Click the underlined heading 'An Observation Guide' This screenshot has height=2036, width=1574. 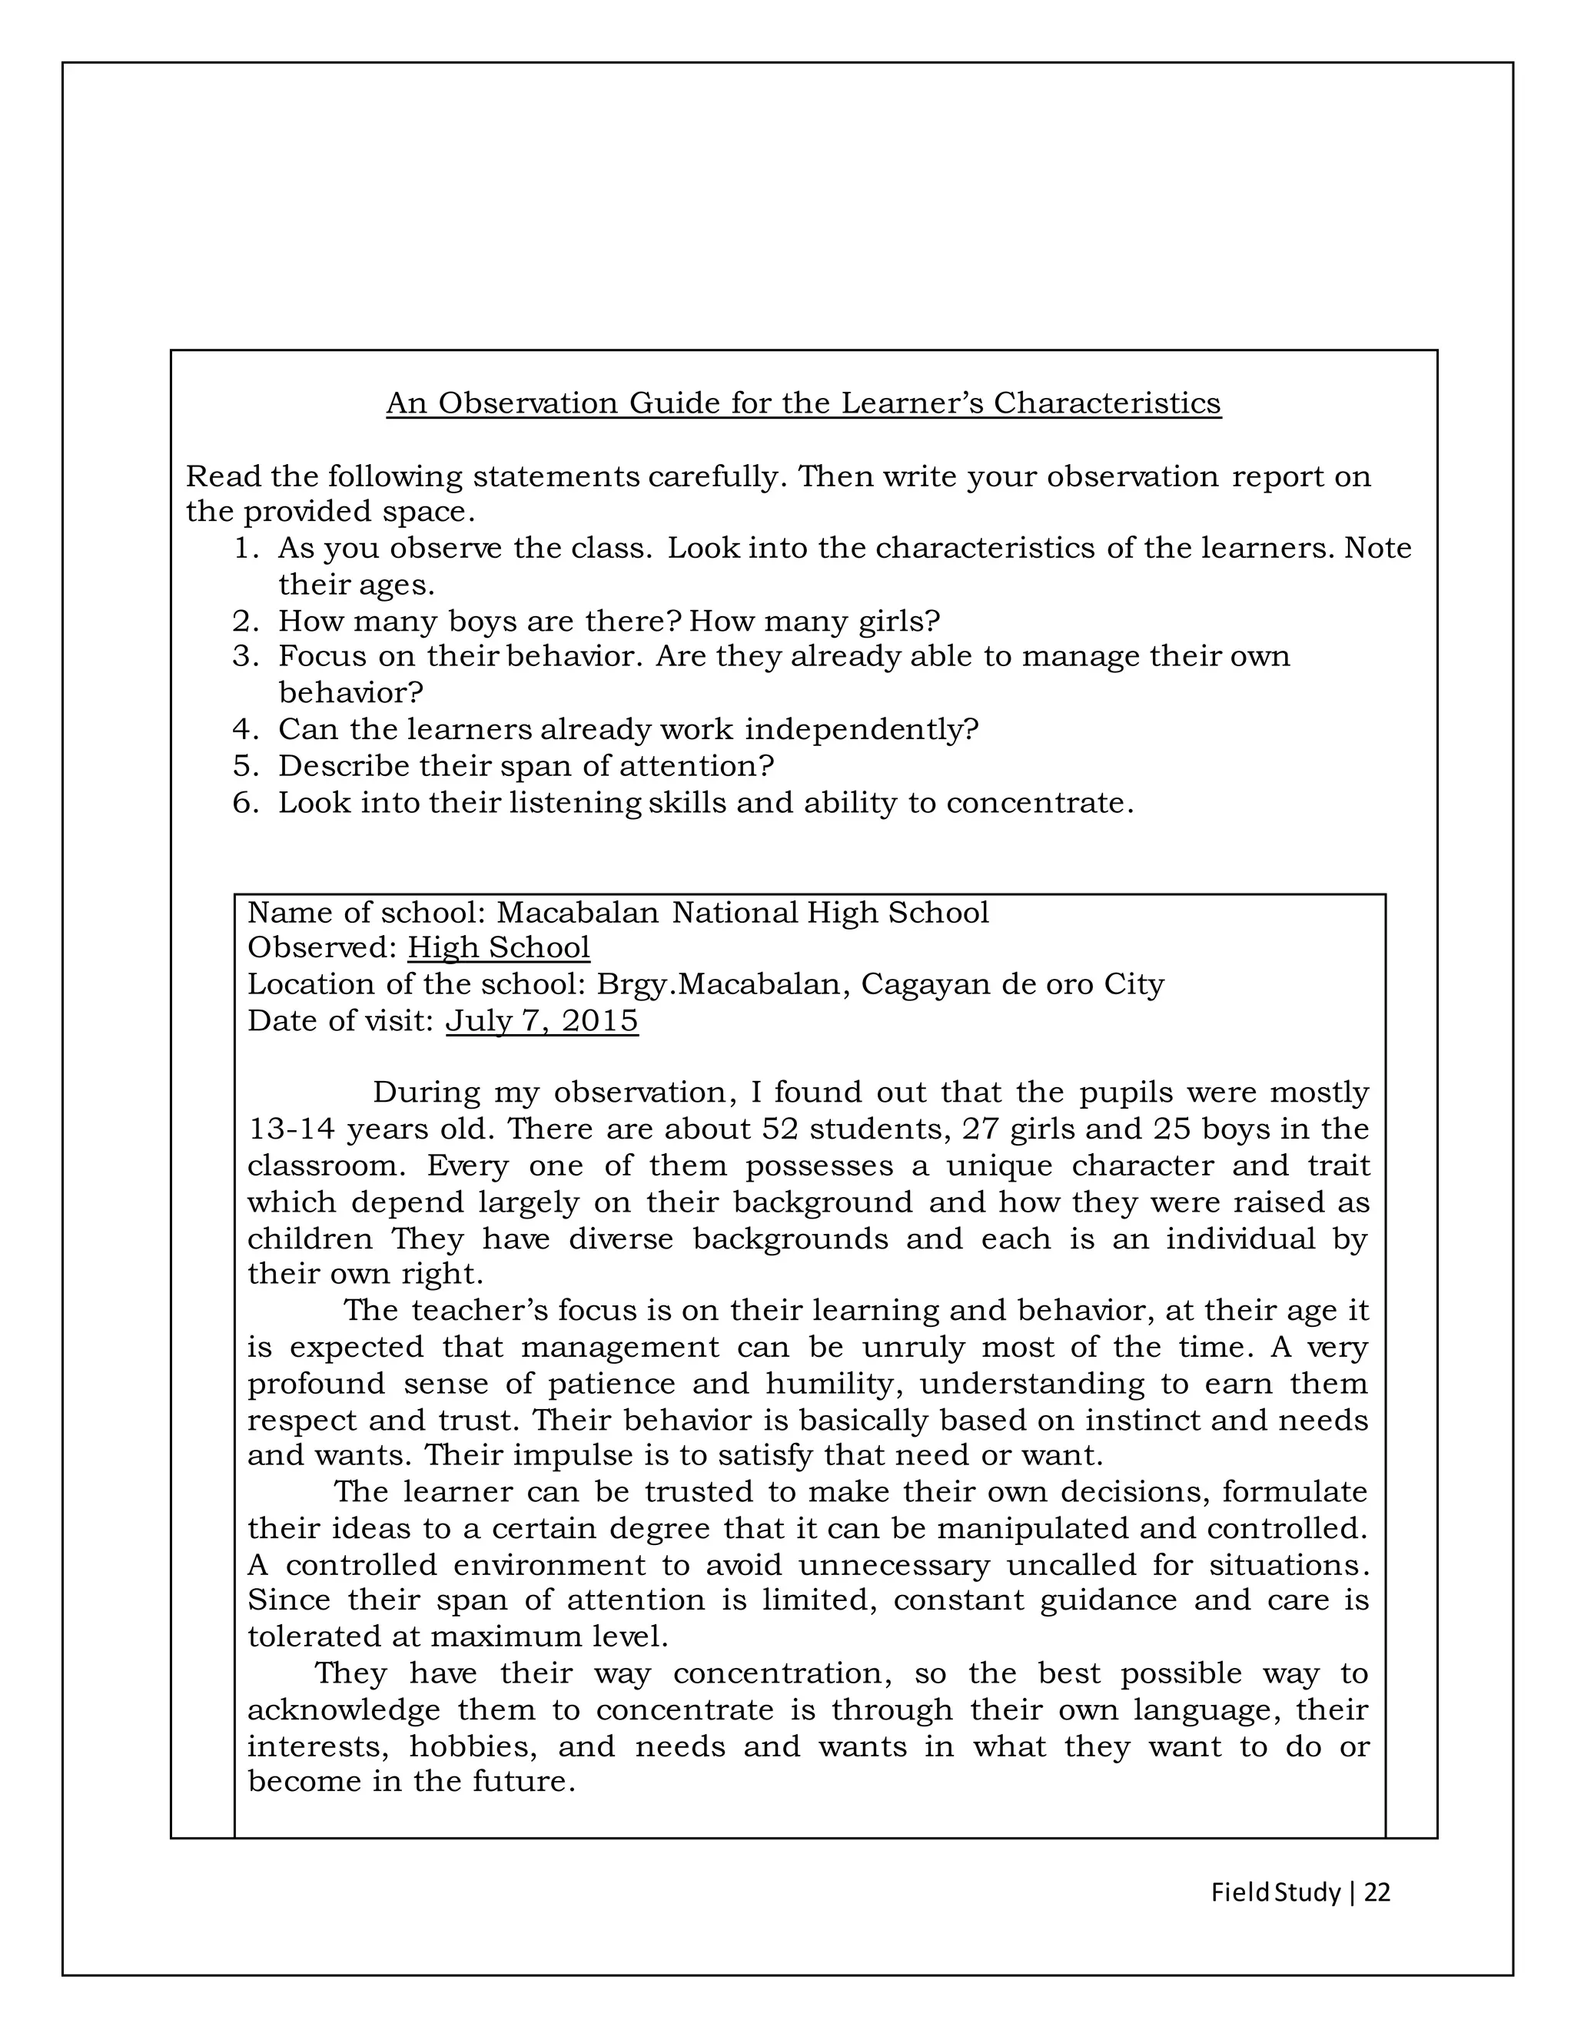[803, 403]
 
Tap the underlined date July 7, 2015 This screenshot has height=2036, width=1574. [542, 1021]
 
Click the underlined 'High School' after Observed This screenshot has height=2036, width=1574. [499, 948]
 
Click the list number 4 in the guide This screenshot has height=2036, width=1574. [244, 730]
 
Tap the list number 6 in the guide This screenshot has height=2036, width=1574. [244, 803]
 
